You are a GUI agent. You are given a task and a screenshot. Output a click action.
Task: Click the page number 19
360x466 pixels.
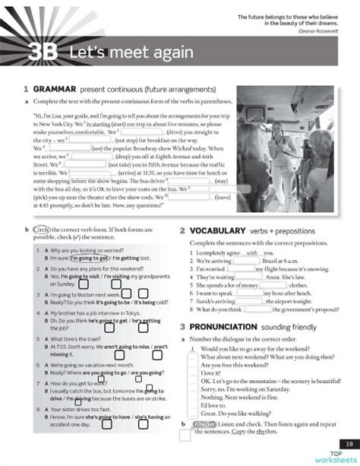(x=348, y=443)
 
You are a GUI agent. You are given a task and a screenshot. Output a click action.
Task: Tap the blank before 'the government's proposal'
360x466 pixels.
(x=259, y=309)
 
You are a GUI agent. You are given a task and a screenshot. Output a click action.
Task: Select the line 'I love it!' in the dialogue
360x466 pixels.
(x=210, y=372)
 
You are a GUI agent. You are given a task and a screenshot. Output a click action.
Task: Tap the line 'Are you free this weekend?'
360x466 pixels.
(x=234, y=364)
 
